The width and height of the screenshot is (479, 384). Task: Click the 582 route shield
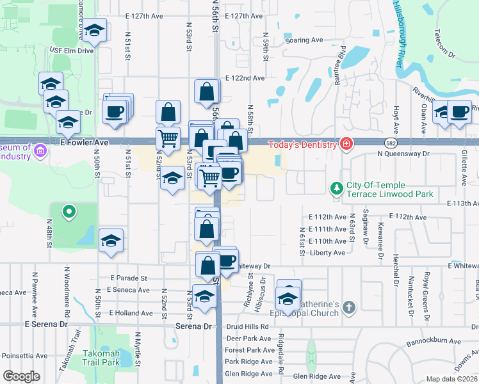point(390,143)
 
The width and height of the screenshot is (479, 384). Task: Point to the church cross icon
point(348,307)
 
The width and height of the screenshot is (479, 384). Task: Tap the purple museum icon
point(41,151)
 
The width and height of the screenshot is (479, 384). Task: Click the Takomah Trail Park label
point(101,357)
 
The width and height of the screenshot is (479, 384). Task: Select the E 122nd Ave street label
point(245,78)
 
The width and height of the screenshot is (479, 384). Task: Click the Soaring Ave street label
point(304,40)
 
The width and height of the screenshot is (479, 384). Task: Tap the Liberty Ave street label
point(327,253)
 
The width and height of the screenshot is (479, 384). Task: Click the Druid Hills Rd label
point(245,326)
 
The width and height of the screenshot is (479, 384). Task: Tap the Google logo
point(21,376)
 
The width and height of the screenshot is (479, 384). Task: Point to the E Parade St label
point(129,278)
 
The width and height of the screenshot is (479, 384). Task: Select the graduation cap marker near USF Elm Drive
point(94,30)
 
